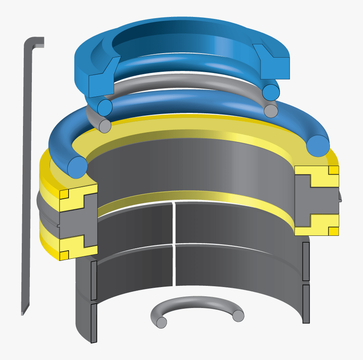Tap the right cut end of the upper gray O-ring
(x=270, y=110)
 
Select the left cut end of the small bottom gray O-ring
(x=162, y=323)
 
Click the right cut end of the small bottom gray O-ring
(x=238, y=316)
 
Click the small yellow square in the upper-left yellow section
(x=64, y=195)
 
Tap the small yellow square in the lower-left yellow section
(x=64, y=255)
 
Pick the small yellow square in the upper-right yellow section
(x=333, y=170)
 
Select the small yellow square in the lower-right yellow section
(x=333, y=231)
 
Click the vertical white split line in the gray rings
(x=174, y=244)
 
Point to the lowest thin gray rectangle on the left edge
(x=94, y=323)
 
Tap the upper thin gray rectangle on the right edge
(x=306, y=261)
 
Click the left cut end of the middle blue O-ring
(x=104, y=107)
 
